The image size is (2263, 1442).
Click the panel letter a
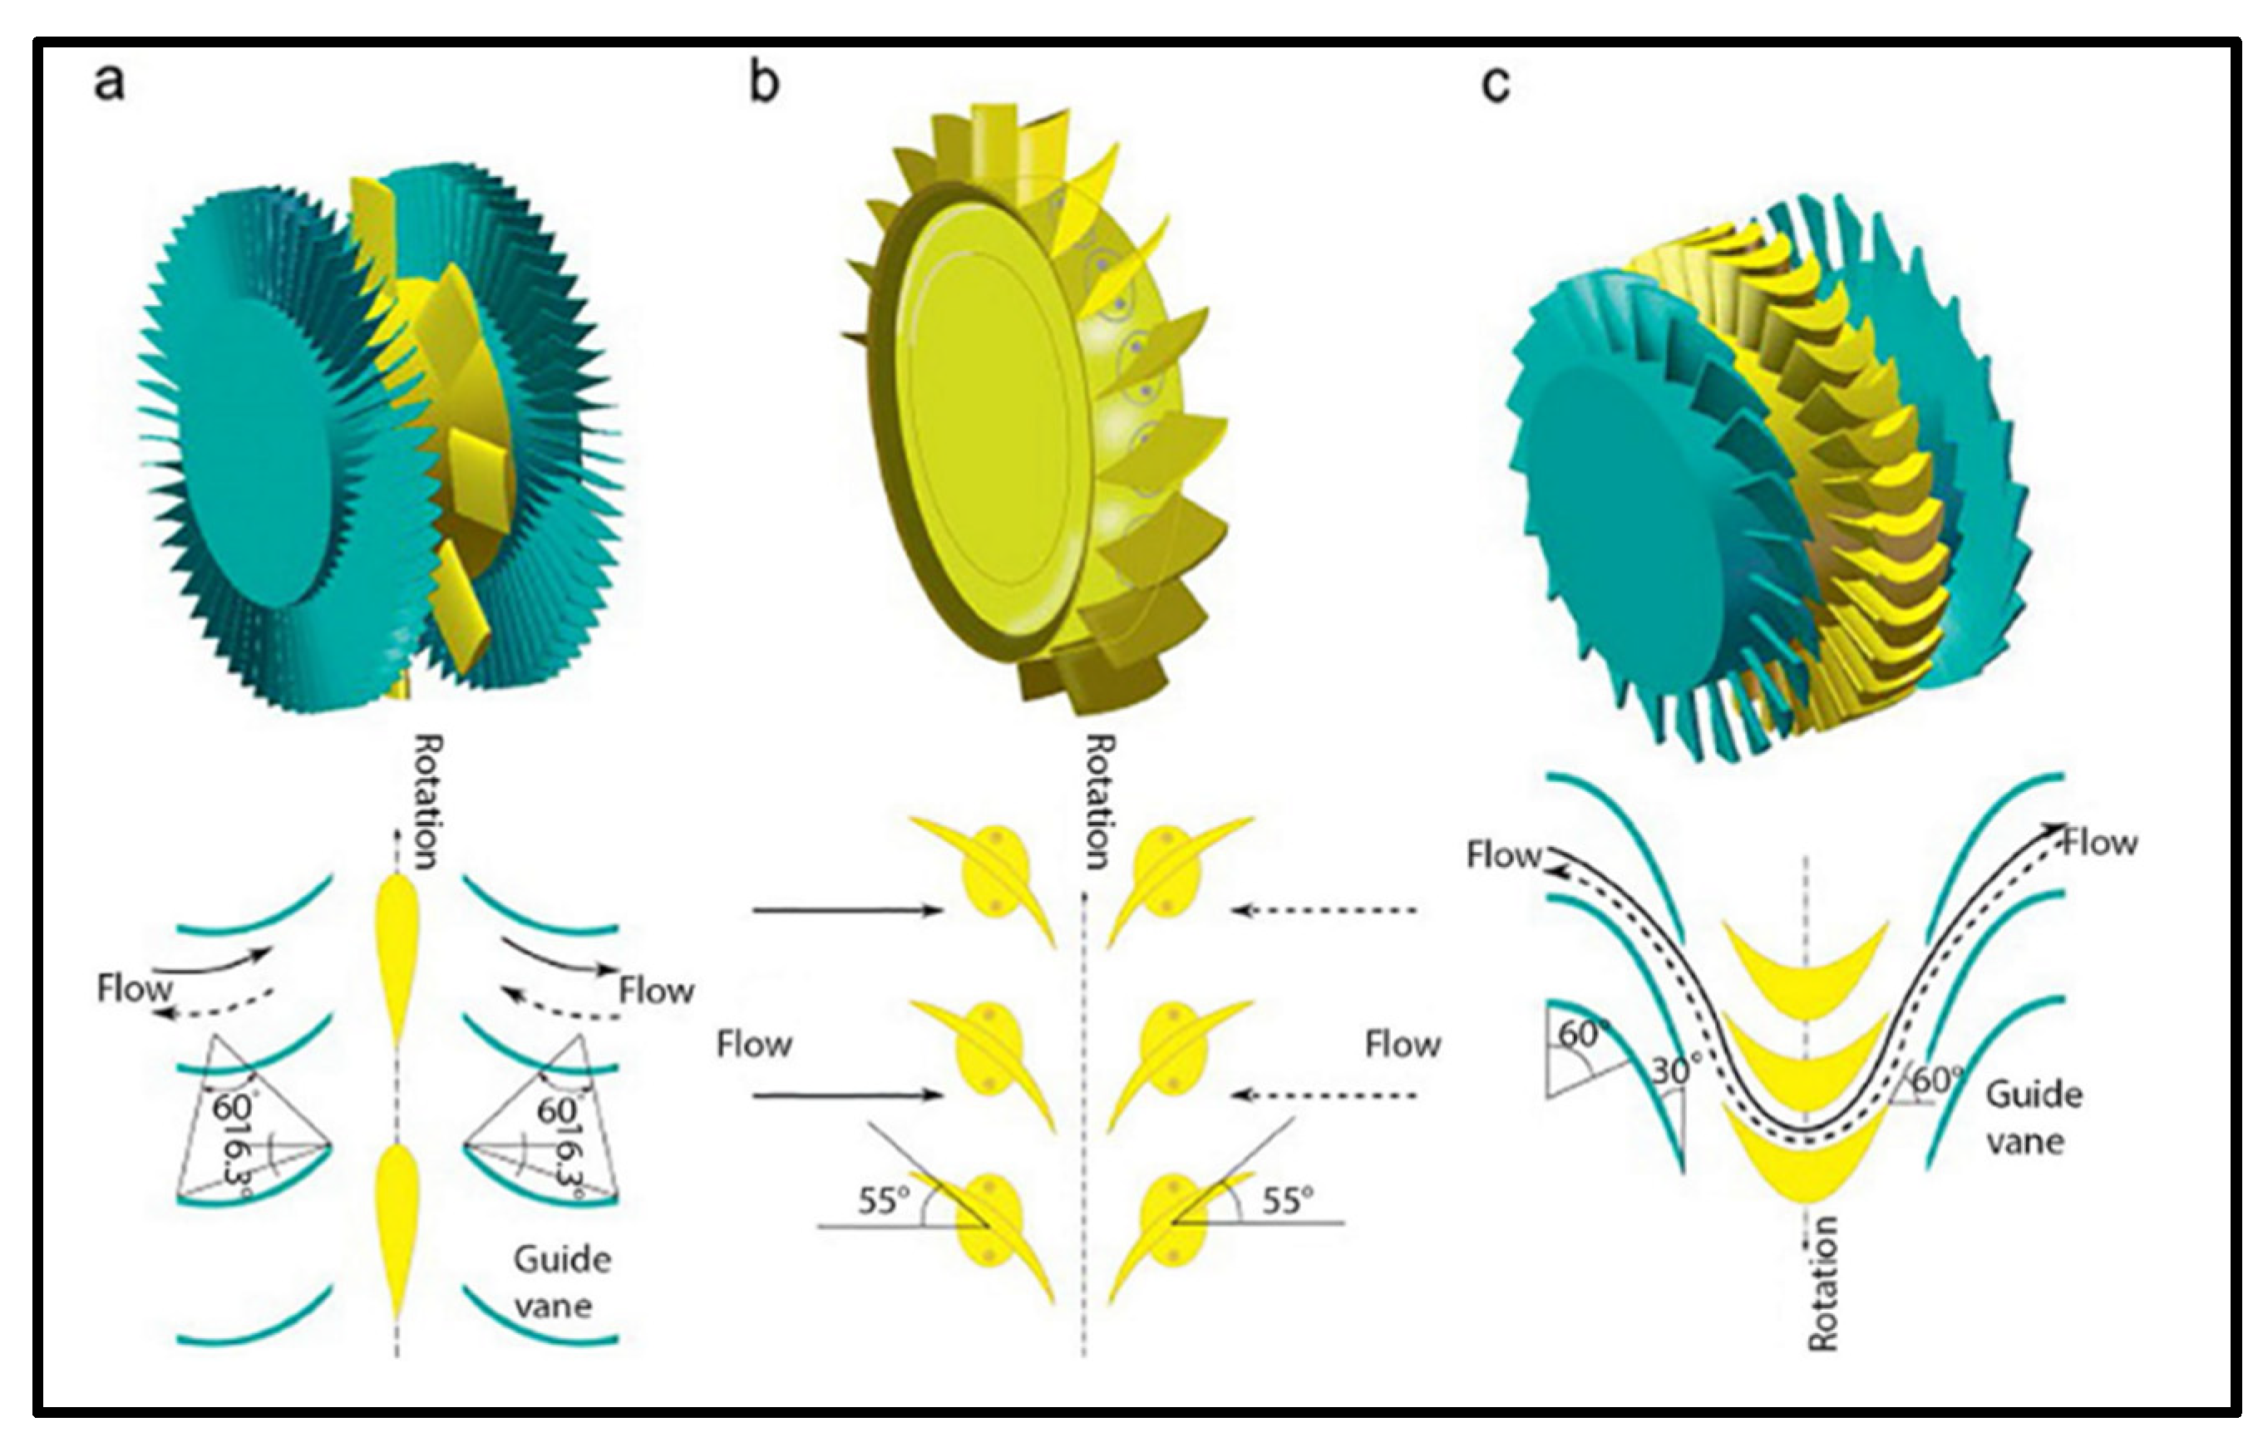click(109, 81)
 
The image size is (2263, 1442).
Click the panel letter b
click(765, 81)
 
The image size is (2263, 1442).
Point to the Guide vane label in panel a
click(561, 1282)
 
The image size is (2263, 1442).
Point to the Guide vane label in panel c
click(2033, 1118)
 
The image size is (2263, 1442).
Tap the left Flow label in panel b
click(754, 1045)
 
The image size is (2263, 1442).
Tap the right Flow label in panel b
click(1403, 1045)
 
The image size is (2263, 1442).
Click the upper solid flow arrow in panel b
click(846, 909)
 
